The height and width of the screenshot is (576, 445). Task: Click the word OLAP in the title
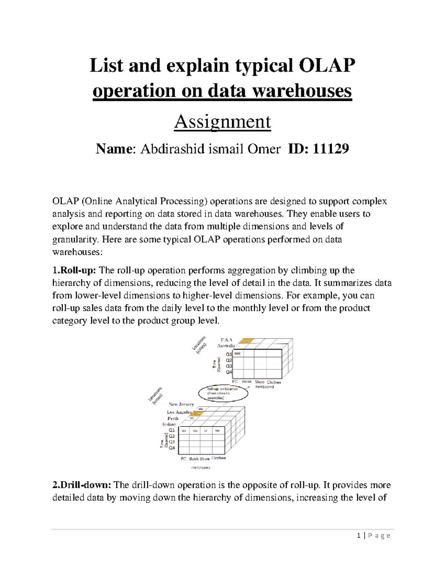327,66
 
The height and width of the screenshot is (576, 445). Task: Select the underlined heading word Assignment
222,122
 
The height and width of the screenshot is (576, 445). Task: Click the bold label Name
113,149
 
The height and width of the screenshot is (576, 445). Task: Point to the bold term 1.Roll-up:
74,270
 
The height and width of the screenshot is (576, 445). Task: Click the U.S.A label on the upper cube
226,340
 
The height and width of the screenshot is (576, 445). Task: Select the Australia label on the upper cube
225,346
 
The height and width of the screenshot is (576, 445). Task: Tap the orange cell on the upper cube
246,341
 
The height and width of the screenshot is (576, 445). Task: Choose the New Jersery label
181,404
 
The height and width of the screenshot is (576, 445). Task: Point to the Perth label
173,418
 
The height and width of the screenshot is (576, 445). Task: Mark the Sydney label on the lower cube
169,424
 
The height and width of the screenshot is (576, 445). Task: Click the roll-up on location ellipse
222,393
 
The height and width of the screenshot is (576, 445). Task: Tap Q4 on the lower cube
172,448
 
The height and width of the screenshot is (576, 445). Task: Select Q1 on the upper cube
229,354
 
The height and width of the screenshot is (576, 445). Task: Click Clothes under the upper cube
274,382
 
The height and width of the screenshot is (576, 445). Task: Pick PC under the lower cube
183,459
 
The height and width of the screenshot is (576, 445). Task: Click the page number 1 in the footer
359,536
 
